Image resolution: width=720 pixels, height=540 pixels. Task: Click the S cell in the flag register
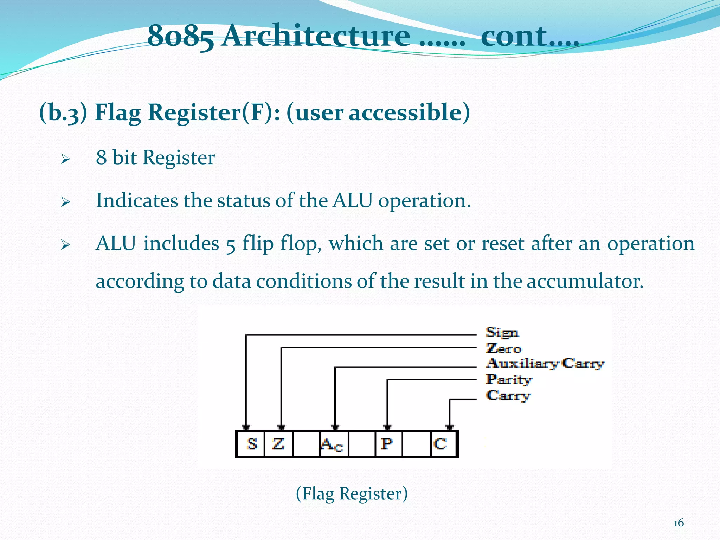[x=251, y=444]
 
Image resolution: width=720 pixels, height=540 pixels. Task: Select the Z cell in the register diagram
[x=278, y=444]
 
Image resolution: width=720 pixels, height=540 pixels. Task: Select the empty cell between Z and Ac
[x=306, y=444]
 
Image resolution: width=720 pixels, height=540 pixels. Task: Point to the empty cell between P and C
[x=416, y=444]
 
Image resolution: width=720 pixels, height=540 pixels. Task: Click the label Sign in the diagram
[x=502, y=333]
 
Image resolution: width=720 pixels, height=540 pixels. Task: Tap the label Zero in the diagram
[x=503, y=348]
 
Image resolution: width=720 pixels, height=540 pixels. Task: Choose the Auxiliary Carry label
[x=545, y=364]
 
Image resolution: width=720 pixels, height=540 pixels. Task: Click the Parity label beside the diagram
[x=508, y=379]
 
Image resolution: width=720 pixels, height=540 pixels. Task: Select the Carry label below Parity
[x=508, y=396]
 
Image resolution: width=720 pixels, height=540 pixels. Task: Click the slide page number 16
[x=679, y=523]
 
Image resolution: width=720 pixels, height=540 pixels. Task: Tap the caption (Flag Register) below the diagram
[x=352, y=493]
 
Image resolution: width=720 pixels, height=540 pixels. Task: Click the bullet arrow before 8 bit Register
[x=65, y=159]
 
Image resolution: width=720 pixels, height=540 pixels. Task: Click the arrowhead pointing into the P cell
[x=387, y=427]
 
